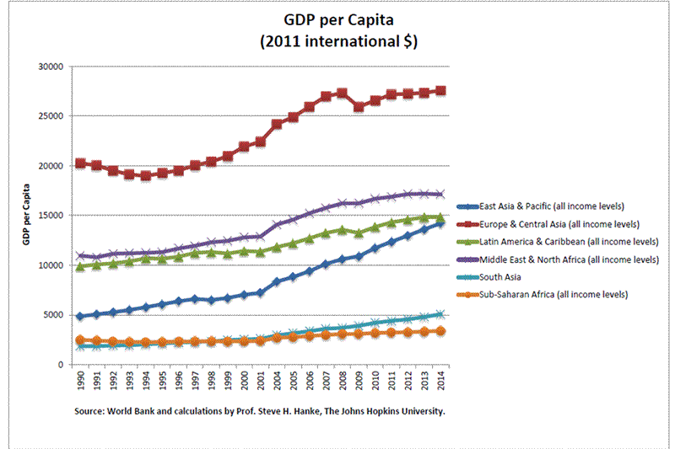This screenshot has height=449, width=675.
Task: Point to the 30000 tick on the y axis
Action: pyautogui.click(x=52, y=67)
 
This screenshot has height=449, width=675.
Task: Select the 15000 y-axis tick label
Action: pyautogui.click(x=52, y=216)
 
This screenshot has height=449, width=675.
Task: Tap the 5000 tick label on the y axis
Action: pyautogui.click(x=55, y=315)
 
